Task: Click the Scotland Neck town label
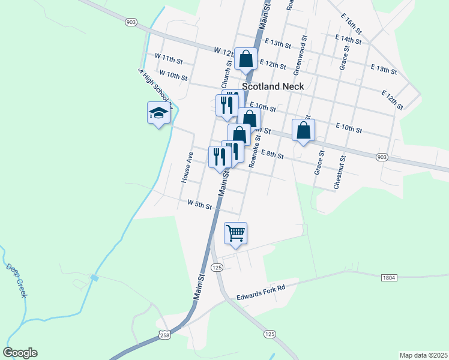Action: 273,86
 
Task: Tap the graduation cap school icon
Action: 158,113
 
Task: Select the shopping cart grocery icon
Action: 235,233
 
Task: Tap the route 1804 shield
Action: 389,278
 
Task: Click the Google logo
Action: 20,353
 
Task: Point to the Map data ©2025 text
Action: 423,355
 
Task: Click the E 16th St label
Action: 351,23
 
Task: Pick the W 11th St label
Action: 168,58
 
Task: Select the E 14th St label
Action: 348,40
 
